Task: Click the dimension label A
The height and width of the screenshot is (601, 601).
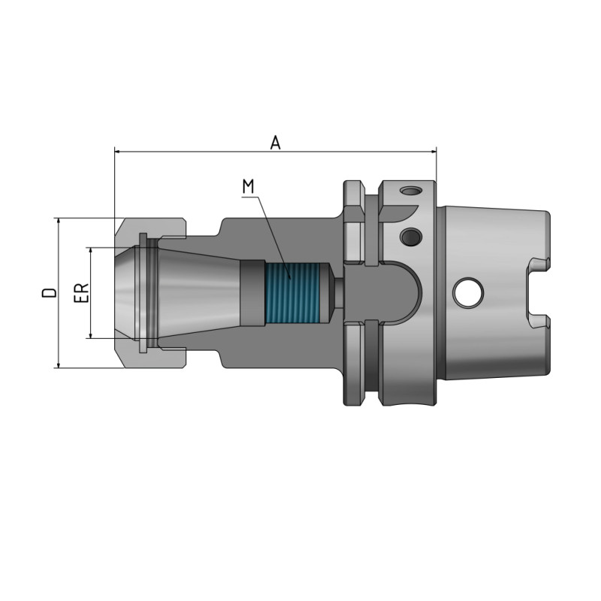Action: pos(276,142)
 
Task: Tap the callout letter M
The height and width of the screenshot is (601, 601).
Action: pos(248,185)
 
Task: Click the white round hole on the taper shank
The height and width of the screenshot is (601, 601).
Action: pos(468,292)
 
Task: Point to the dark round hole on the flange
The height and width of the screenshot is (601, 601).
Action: pos(410,237)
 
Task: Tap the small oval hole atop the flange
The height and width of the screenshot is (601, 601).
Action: pos(409,191)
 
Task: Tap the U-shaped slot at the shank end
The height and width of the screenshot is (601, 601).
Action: pos(538,292)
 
